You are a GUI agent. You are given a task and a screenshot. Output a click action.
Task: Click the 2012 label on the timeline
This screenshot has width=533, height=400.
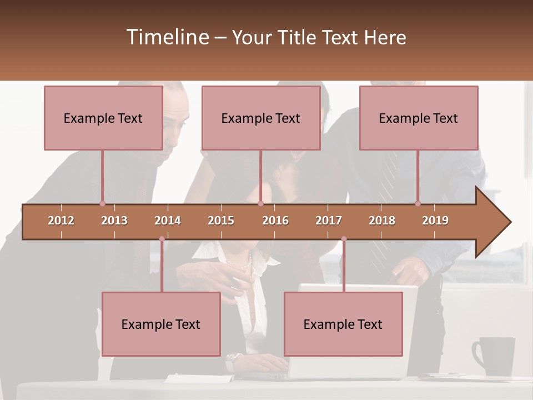coord(61,221)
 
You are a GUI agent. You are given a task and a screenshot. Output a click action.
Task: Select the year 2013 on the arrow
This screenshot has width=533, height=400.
coord(114,221)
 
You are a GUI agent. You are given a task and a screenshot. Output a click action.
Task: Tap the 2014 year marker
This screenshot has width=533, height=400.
coord(168,221)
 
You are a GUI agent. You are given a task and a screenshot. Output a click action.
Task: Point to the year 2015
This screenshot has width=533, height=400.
coord(221,221)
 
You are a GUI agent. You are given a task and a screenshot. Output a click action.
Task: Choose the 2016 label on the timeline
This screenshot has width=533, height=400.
coord(275,221)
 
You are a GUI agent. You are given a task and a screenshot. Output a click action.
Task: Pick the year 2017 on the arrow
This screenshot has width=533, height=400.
coord(329,221)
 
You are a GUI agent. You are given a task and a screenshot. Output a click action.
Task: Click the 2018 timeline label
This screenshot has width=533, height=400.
coord(382,221)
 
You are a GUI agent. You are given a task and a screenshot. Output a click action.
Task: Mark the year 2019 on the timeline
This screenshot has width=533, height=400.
coord(435,221)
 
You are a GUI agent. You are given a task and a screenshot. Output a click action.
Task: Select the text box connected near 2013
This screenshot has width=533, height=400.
coord(103,118)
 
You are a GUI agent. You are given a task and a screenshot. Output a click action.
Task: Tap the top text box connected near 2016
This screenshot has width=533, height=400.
coord(261,118)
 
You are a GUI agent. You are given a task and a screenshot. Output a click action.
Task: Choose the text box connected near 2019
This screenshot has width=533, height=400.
coord(419,118)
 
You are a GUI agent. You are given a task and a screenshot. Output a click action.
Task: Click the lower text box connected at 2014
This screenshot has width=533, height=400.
coord(161,324)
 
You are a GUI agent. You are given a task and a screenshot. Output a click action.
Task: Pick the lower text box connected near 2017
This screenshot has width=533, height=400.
coord(343,324)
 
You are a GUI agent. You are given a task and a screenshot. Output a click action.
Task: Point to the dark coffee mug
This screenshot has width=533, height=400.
coord(494,356)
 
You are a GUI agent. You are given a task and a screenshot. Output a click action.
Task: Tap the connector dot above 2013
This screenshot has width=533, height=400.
coord(102,203)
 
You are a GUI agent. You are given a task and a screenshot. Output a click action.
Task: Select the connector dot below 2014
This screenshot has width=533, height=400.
coord(162,239)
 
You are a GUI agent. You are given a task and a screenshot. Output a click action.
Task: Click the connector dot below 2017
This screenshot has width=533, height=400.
coord(344,239)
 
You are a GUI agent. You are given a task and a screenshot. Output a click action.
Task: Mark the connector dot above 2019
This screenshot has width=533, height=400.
coord(418,203)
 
